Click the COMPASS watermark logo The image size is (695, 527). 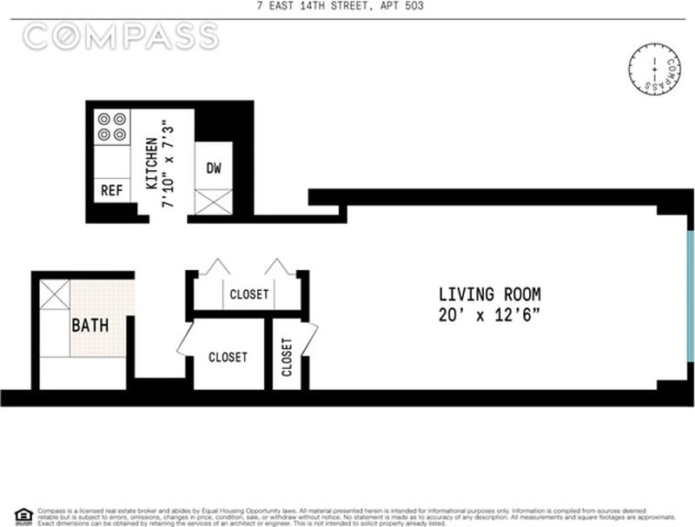point(121,36)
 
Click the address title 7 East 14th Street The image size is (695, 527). point(347,8)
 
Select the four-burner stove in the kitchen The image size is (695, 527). point(110,127)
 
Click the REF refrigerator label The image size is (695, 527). point(111,190)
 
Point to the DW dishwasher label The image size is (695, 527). point(214,168)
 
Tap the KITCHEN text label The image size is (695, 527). point(151,163)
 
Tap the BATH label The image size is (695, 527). point(89,326)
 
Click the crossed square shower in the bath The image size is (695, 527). point(54,294)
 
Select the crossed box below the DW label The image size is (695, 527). point(214,201)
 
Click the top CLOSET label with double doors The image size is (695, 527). point(249,294)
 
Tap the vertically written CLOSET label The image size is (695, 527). point(288,356)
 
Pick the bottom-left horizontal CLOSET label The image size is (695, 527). point(228,357)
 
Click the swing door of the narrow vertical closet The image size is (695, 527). point(308,339)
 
